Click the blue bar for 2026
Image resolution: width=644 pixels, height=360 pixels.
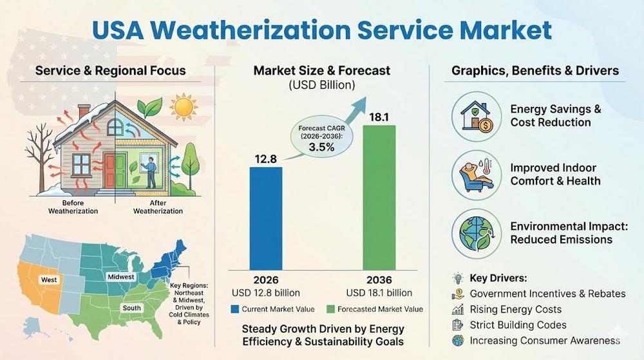click(x=266, y=218)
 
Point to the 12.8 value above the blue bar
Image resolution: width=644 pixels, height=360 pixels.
click(x=265, y=157)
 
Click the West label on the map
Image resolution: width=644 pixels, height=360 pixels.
click(x=49, y=279)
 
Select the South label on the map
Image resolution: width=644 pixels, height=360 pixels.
click(x=132, y=308)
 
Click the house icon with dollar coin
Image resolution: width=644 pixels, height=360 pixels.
click(x=477, y=116)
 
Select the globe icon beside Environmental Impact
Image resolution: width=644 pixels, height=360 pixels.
click(x=477, y=232)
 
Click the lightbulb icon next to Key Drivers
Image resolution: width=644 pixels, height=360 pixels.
click(x=458, y=278)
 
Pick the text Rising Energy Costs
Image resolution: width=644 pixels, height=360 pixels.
click(x=516, y=309)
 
